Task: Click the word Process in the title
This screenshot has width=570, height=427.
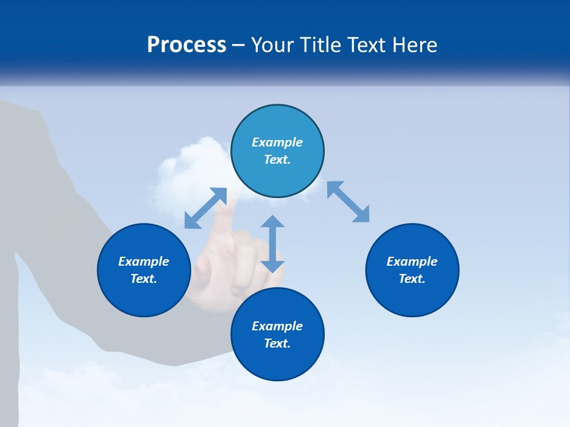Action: [x=186, y=45]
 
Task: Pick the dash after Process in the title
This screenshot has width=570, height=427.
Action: [x=239, y=46]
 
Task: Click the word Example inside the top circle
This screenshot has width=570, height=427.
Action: [x=277, y=142]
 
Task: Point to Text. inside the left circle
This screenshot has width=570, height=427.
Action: [x=144, y=279]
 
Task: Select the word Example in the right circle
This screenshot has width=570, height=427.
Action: [x=412, y=262]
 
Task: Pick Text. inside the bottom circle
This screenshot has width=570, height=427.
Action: [x=277, y=343]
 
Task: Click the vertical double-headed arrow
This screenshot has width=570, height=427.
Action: [x=273, y=244]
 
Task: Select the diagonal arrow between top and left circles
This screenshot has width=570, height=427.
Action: [x=205, y=208]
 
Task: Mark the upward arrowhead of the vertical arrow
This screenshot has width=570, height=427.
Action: [x=273, y=221]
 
